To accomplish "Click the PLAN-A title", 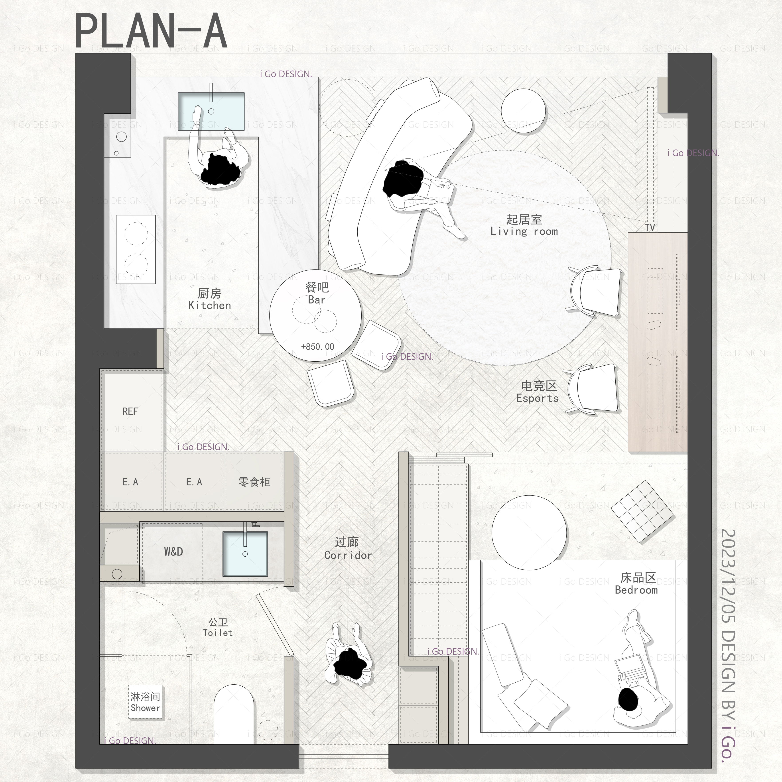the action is pyautogui.click(x=151, y=31).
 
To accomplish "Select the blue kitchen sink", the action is pyautogui.click(x=211, y=111).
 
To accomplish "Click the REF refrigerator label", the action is pyautogui.click(x=130, y=411).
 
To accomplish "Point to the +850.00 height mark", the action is pyautogui.click(x=318, y=347).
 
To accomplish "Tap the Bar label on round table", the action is pyautogui.click(x=317, y=293).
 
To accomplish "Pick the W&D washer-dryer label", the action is pyautogui.click(x=173, y=551).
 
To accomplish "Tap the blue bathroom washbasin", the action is pyautogui.click(x=245, y=553).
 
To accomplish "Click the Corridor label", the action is pyautogui.click(x=348, y=548).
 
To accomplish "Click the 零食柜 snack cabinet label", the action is pyautogui.click(x=254, y=482).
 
